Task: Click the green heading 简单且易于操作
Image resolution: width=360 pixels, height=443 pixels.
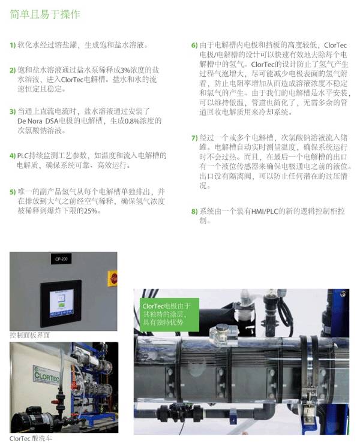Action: pyautogui.click(x=45, y=14)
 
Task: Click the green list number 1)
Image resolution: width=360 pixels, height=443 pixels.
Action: pyautogui.click(x=13, y=45)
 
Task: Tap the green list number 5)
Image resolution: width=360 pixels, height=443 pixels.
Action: pyautogui.click(x=13, y=192)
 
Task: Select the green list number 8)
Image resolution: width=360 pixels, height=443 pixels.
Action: pyautogui.click(x=194, y=212)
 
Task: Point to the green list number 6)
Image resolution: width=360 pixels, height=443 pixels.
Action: pyautogui.click(x=194, y=45)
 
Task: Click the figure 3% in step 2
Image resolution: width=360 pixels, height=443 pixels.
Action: pyautogui.click(x=125, y=70)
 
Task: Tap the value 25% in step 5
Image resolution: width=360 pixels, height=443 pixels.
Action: pyautogui.click(x=91, y=211)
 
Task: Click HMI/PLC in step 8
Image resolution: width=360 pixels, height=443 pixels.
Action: pyautogui.click(x=265, y=212)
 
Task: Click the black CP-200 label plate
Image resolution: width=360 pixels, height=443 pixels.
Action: pyautogui.click(x=61, y=259)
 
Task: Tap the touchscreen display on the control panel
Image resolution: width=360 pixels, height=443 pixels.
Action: pyautogui.click(x=61, y=303)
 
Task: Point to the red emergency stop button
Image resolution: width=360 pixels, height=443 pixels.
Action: pyautogui.click(x=113, y=279)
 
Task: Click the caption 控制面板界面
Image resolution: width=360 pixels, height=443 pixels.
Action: pyautogui.click(x=29, y=335)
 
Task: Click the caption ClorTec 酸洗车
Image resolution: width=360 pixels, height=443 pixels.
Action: pyautogui.click(x=31, y=438)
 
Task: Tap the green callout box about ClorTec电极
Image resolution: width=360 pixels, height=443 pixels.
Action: pyautogui.click(x=169, y=315)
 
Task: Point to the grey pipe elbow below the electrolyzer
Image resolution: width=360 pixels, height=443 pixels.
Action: pyautogui.click(x=266, y=411)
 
